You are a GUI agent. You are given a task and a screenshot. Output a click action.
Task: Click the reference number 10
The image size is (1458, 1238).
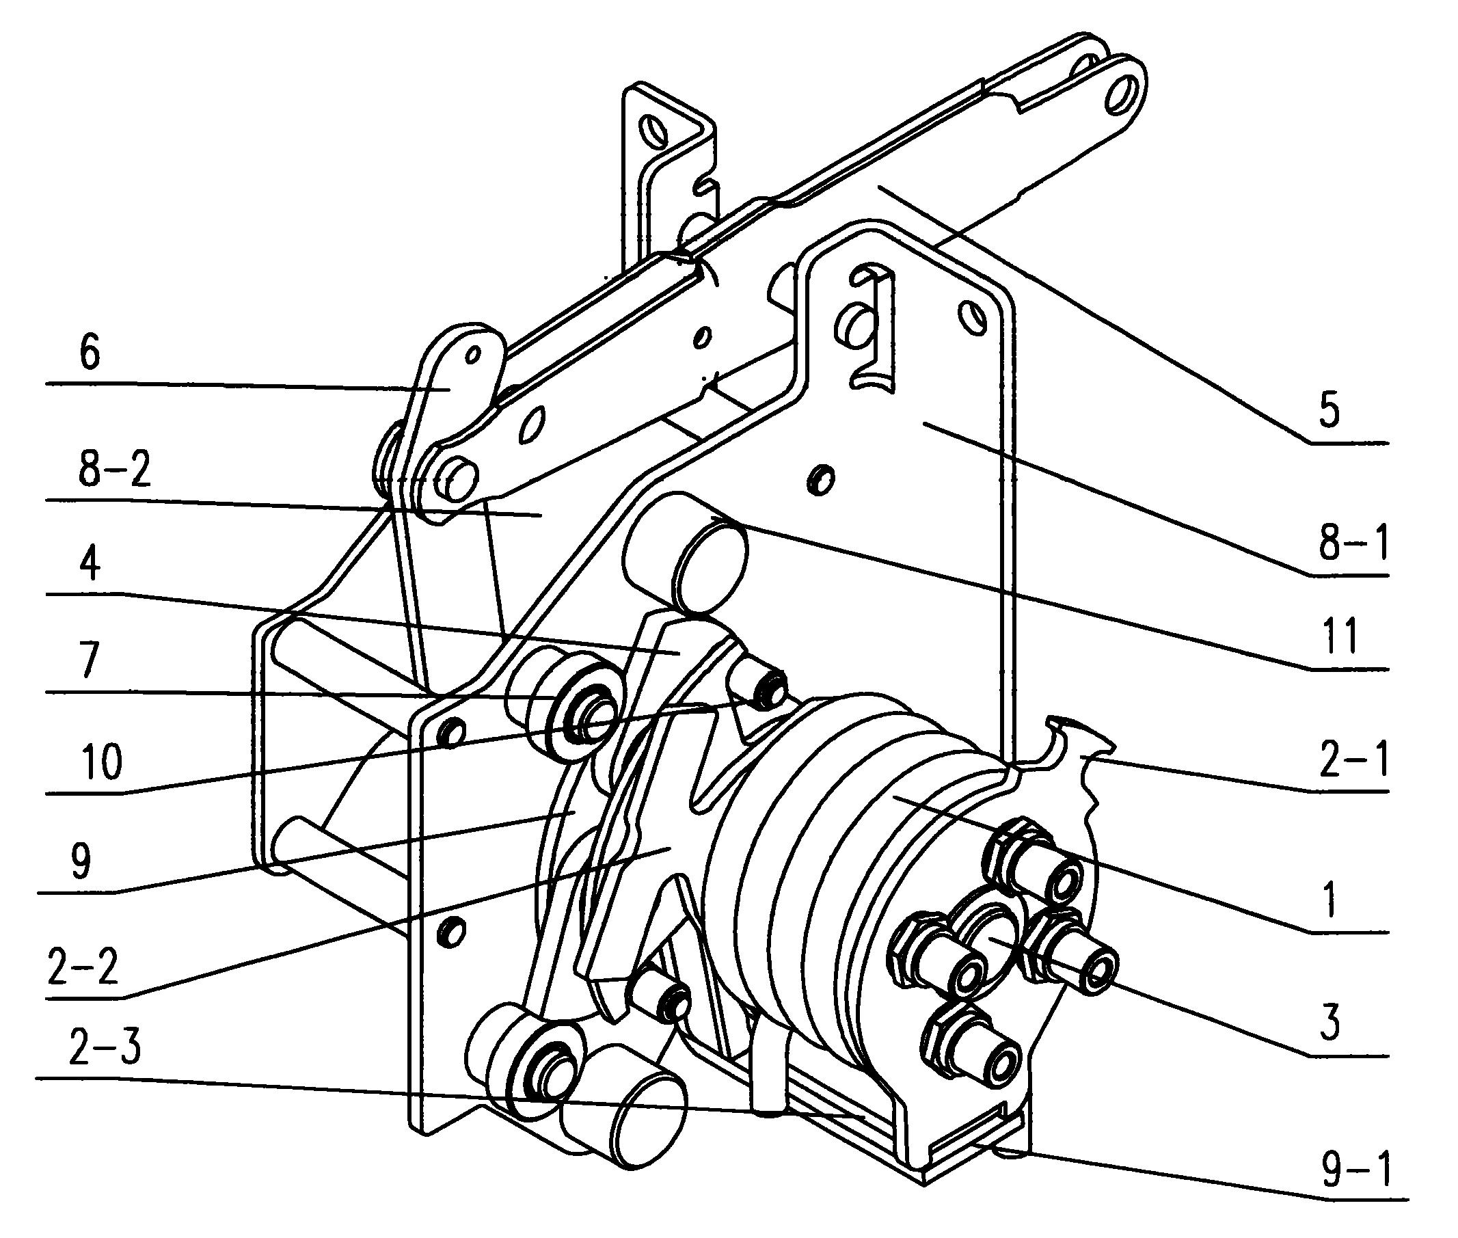point(102,763)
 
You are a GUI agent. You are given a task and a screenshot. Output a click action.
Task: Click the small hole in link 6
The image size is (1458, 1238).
point(474,354)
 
